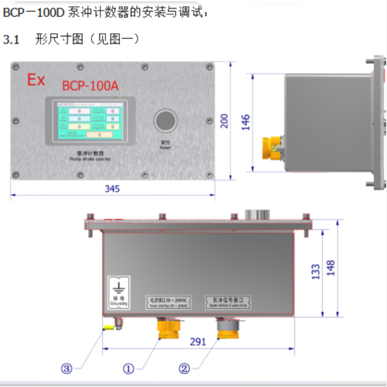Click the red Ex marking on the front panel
coord(36,80)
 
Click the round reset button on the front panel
coord(165,122)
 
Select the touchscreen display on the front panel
coord(85,122)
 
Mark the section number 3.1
coord(12,39)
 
